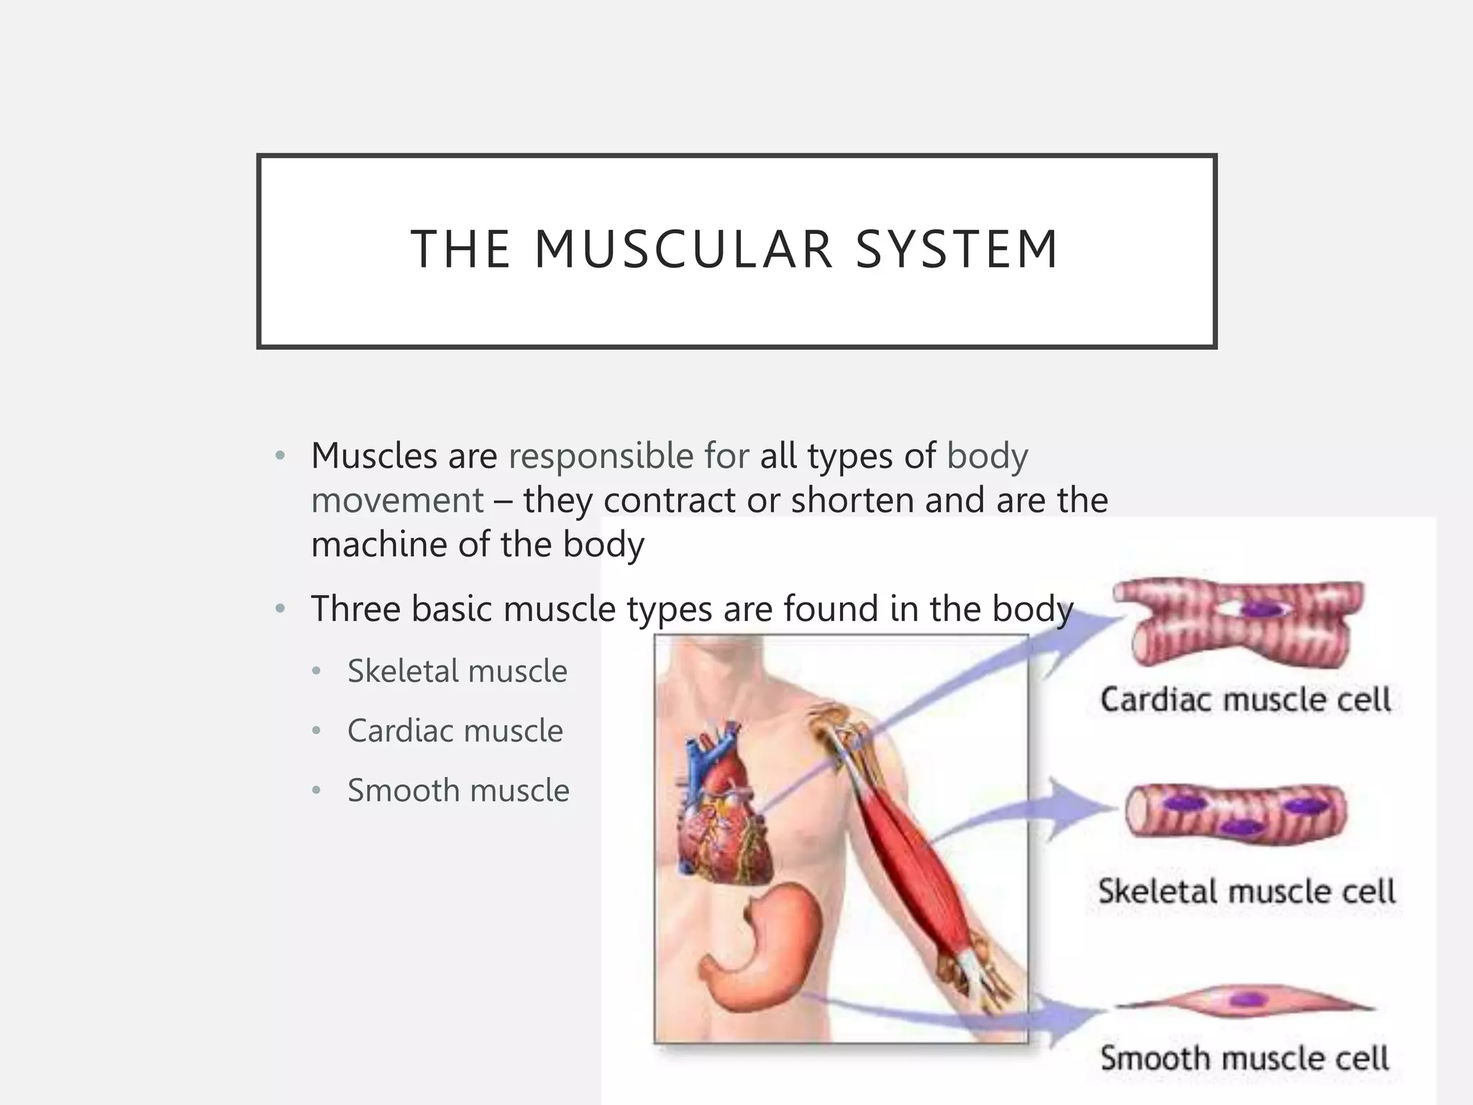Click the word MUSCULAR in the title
683,250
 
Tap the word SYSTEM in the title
957,250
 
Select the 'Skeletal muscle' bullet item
457,671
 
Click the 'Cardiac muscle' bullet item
455,731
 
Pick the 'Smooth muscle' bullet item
458,791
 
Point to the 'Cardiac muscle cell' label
1245,700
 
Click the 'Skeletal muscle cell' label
1246,891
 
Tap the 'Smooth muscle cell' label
1244,1058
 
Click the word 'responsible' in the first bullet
601,457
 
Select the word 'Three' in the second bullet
355,609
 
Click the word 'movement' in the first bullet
397,501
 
